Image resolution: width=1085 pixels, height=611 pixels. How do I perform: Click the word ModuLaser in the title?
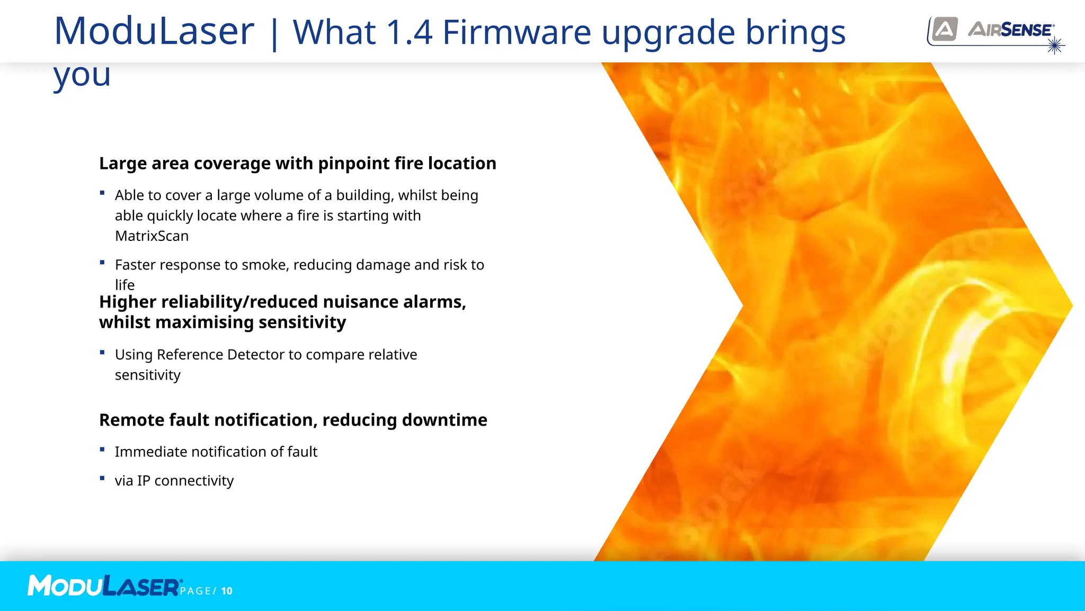[x=154, y=31]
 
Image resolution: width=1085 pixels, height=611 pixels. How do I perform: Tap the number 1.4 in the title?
[x=410, y=32]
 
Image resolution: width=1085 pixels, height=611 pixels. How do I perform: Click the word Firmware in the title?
[x=517, y=32]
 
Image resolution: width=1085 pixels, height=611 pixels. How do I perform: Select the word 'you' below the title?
[x=82, y=76]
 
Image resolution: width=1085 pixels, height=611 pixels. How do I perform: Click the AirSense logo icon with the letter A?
[x=945, y=29]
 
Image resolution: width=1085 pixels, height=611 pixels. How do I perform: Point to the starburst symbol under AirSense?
[x=1055, y=46]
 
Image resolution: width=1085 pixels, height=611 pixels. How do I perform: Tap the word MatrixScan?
[x=152, y=236]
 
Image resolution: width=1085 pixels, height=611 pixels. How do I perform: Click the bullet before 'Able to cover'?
[x=102, y=193]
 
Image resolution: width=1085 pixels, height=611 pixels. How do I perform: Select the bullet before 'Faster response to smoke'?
[x=102, y=263]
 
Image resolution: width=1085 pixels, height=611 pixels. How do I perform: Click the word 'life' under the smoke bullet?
[x=124, y=285]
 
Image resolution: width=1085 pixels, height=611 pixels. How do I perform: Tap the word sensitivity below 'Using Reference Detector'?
[x=148, y=375]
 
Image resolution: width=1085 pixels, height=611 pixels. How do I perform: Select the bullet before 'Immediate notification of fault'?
[x=102, y=450]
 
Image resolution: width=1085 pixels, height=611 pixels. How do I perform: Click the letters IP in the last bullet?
[x=144, y=480]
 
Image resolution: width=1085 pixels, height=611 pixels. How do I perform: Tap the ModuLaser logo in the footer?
[x=104, y=586]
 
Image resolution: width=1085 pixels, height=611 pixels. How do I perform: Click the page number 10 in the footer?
[x=227, y=591]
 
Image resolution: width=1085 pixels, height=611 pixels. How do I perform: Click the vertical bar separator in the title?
[x=274, y=33]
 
